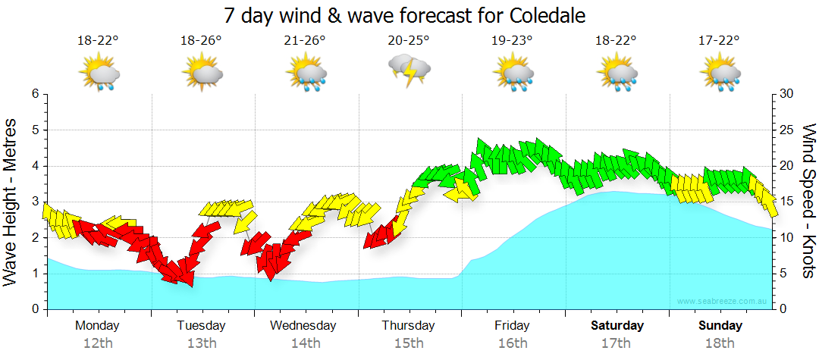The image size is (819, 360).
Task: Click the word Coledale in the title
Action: pos(541,15)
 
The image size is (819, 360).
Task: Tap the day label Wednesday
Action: pos(303,326)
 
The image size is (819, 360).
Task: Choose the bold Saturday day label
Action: pos(617,326)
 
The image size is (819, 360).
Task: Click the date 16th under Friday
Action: pos(513,343)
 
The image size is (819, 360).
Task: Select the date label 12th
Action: pos(98,343)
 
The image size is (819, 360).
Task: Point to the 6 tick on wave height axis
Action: pos(35,94)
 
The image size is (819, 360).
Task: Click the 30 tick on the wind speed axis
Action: pos(786,94)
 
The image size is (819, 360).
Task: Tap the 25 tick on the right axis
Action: pos(786,130)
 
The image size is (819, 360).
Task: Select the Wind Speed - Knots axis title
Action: pos(808,202)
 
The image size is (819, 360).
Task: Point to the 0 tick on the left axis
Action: pos(35,309)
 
